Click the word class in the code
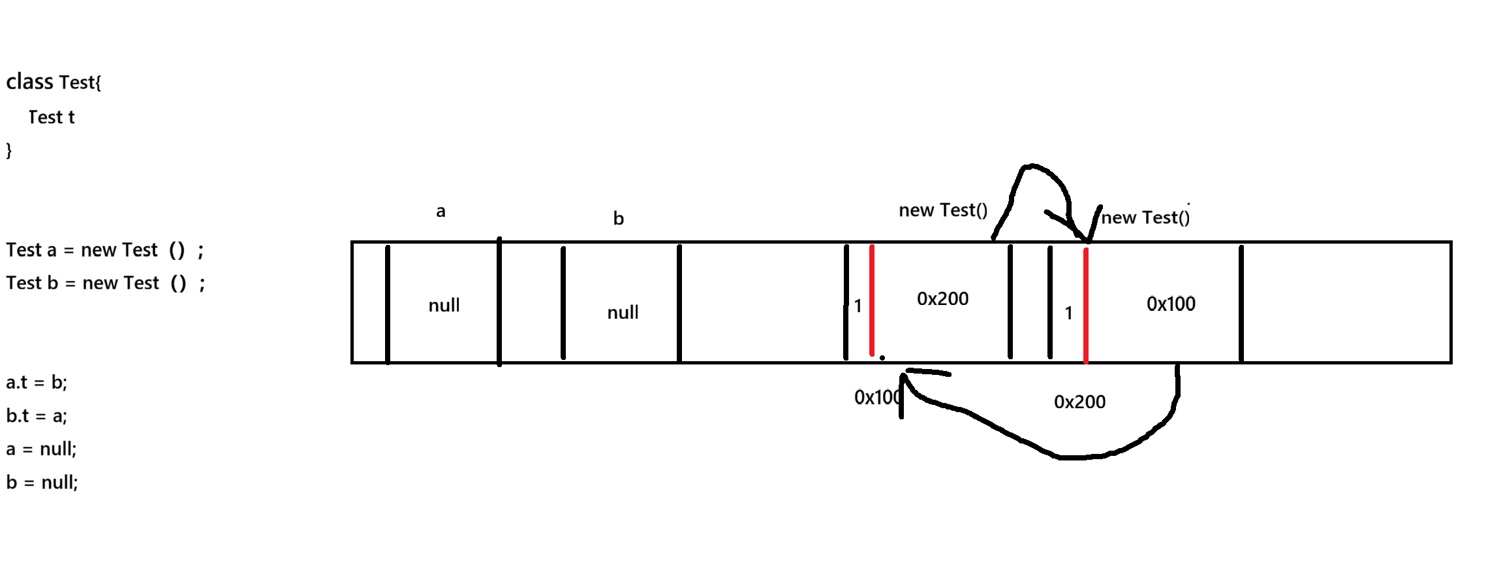tap(29, 82)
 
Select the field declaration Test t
tap(52, 118)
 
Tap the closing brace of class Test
tap(9, 150)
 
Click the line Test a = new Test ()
tap(104, 250)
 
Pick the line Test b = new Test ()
tap(105, 283)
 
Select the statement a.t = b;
tap(37, 383)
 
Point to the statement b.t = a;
tap(37, 416)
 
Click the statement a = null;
tap(41, 449)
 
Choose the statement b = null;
tap(42, 483)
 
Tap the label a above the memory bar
tap(441, 211)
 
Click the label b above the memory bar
tap(618, 219)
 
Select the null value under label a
tap(444, 305)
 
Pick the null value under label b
tap(623, 312)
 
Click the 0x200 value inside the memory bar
tap(942, 298)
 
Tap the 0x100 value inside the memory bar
tap(1171, 304)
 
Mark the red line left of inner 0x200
tap(872, 300)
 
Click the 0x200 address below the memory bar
tap(1079, 402)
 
